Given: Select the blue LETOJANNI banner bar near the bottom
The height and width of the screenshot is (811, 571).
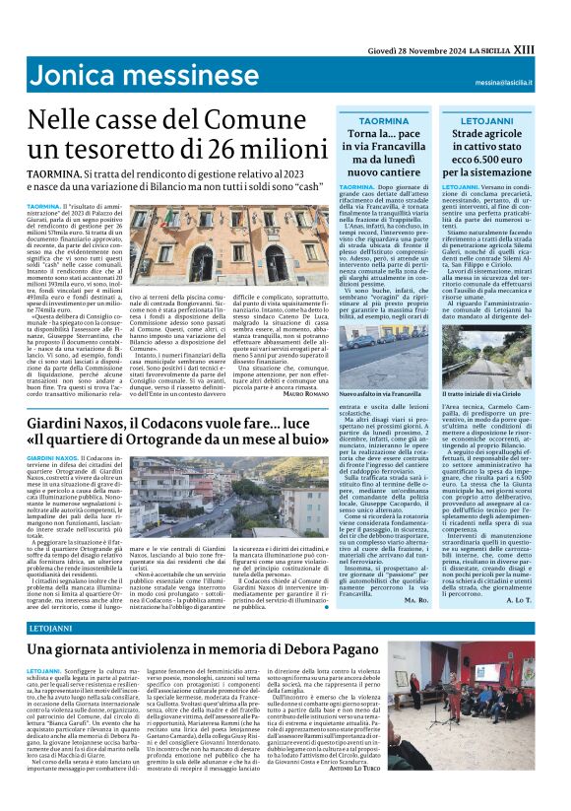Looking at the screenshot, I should point(285,627).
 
